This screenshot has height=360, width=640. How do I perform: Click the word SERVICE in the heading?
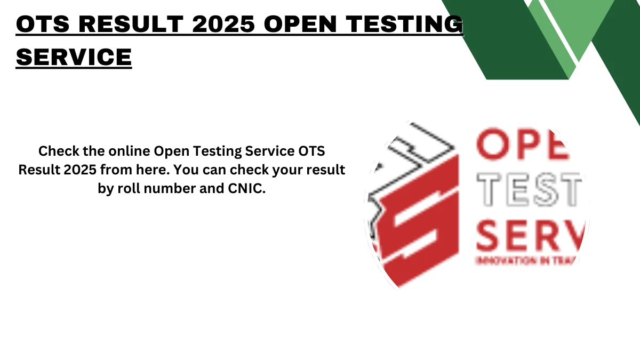(x=74, y=57)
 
